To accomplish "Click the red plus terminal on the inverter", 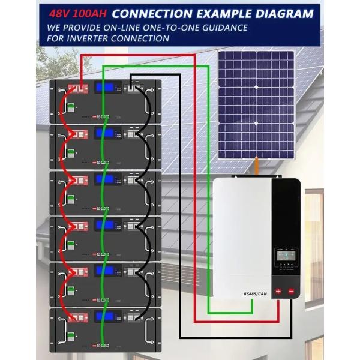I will [x=278, y=292].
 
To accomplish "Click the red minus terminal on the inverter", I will [x=292, y=292].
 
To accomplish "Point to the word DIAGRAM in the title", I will [x=284, y=12].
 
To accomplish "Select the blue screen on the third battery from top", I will [x=104, y=179].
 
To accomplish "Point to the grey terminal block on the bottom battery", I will [x=133, y=317].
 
